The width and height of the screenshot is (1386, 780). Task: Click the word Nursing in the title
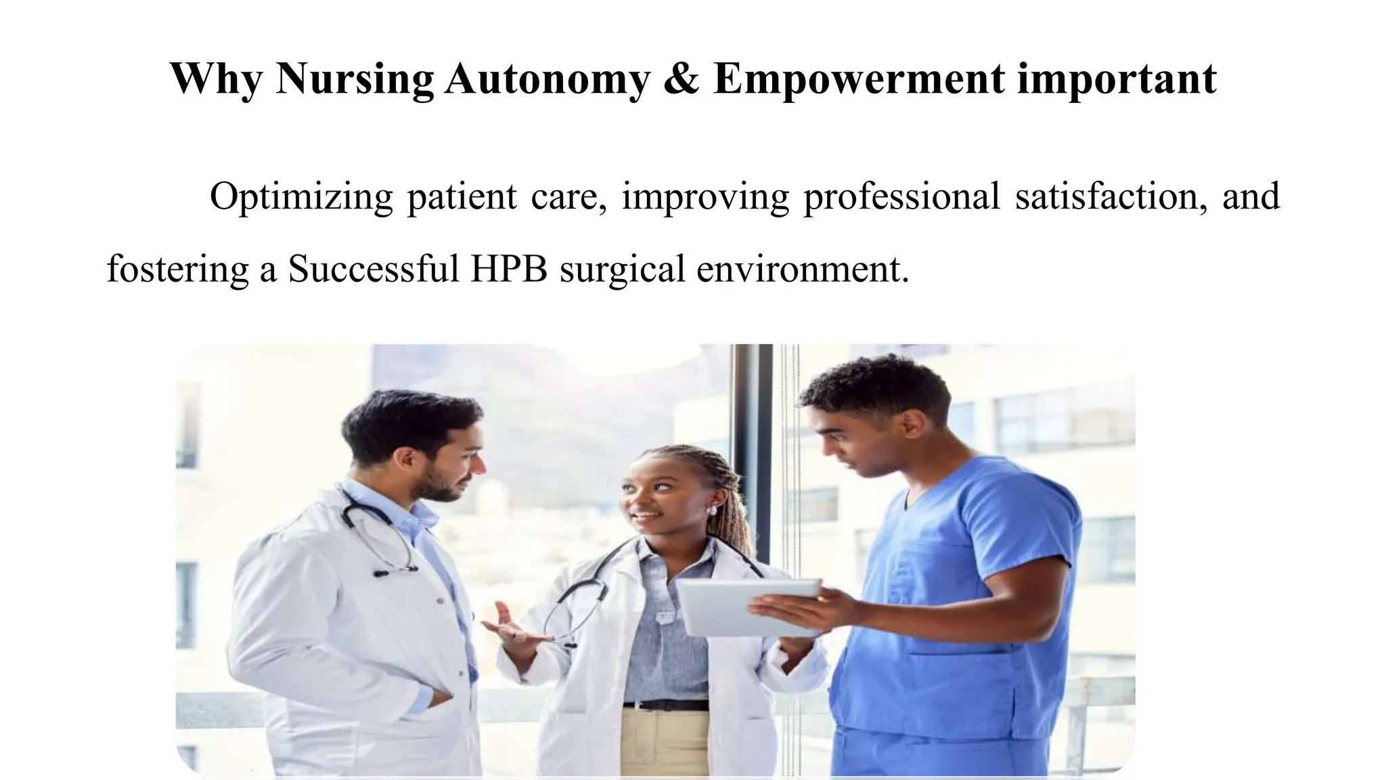[x=355, y=79]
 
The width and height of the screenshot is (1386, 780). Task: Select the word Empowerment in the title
[x=859, y=79]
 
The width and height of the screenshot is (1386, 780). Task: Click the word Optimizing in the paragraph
[x=300, y=197]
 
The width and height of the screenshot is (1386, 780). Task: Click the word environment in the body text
[x=803, y=269]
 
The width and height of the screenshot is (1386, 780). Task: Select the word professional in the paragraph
[x=901, y=197]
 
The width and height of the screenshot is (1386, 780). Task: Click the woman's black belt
[x=665, y=705]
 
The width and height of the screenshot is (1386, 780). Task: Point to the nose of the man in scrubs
[x=831, y=450]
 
